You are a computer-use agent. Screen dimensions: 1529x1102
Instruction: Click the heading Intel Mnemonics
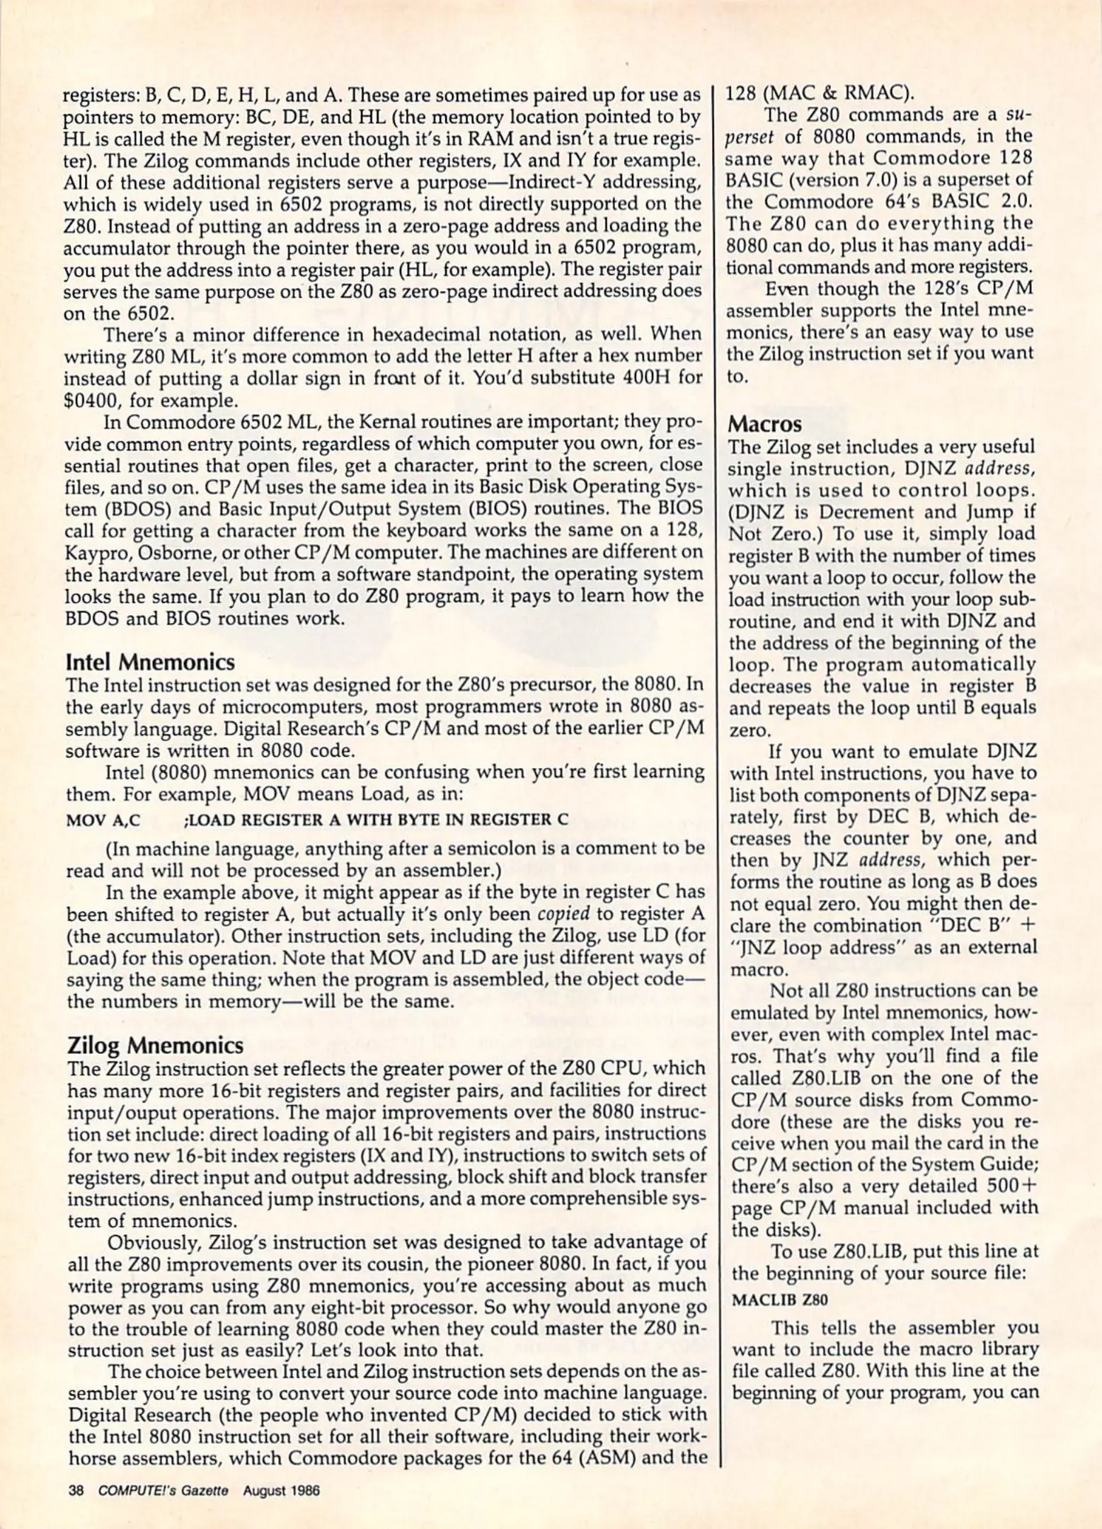click(x=149, y=663)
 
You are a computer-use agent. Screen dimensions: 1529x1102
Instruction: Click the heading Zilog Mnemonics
click(x=155, y=1045)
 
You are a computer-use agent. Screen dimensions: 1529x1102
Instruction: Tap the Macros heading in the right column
click(x=765, y=424)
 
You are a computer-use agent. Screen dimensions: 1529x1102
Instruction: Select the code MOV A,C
click(x=103, y=820)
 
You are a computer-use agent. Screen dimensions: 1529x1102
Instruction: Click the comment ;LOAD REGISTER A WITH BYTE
click(x=375, y=820)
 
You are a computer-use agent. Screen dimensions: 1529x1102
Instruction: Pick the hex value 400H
click(x=640, y=378)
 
